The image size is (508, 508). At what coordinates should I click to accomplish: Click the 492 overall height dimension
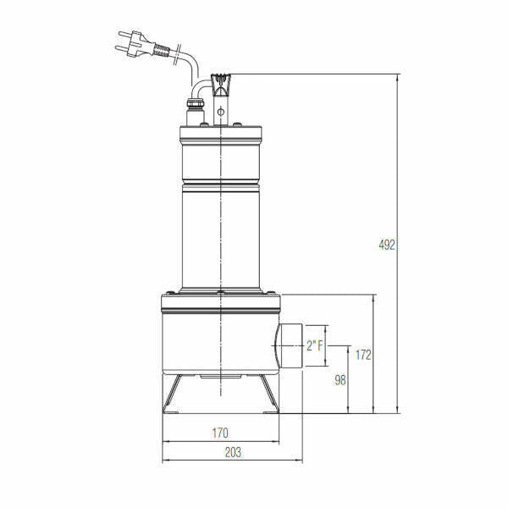tap(387, 245)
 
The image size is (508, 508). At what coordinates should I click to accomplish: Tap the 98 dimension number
tap(339, 380)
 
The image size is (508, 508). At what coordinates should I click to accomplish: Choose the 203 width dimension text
tap(233, 453)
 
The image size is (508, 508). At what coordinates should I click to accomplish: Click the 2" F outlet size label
tap(315, 345)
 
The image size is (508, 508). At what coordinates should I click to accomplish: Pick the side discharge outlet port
tap(288, 345)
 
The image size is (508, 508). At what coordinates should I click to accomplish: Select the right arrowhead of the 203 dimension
tap(299, 461)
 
